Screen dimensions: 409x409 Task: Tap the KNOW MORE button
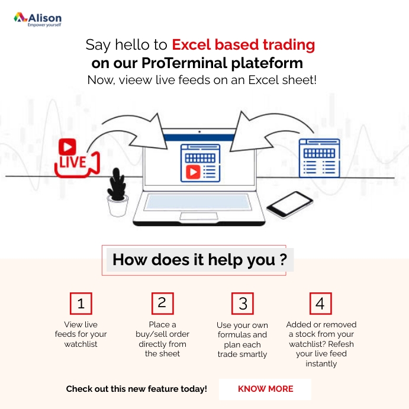(265, 389)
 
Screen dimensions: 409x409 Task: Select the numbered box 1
(81, 304)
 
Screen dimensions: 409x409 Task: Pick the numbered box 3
(243, 304)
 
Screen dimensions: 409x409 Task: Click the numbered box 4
(320, 304)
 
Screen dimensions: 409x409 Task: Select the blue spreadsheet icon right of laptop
(319, 156)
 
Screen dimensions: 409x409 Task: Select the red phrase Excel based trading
(243, 44)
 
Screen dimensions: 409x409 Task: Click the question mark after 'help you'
(284, 260)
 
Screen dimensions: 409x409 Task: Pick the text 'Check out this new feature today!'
(136, 389)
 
